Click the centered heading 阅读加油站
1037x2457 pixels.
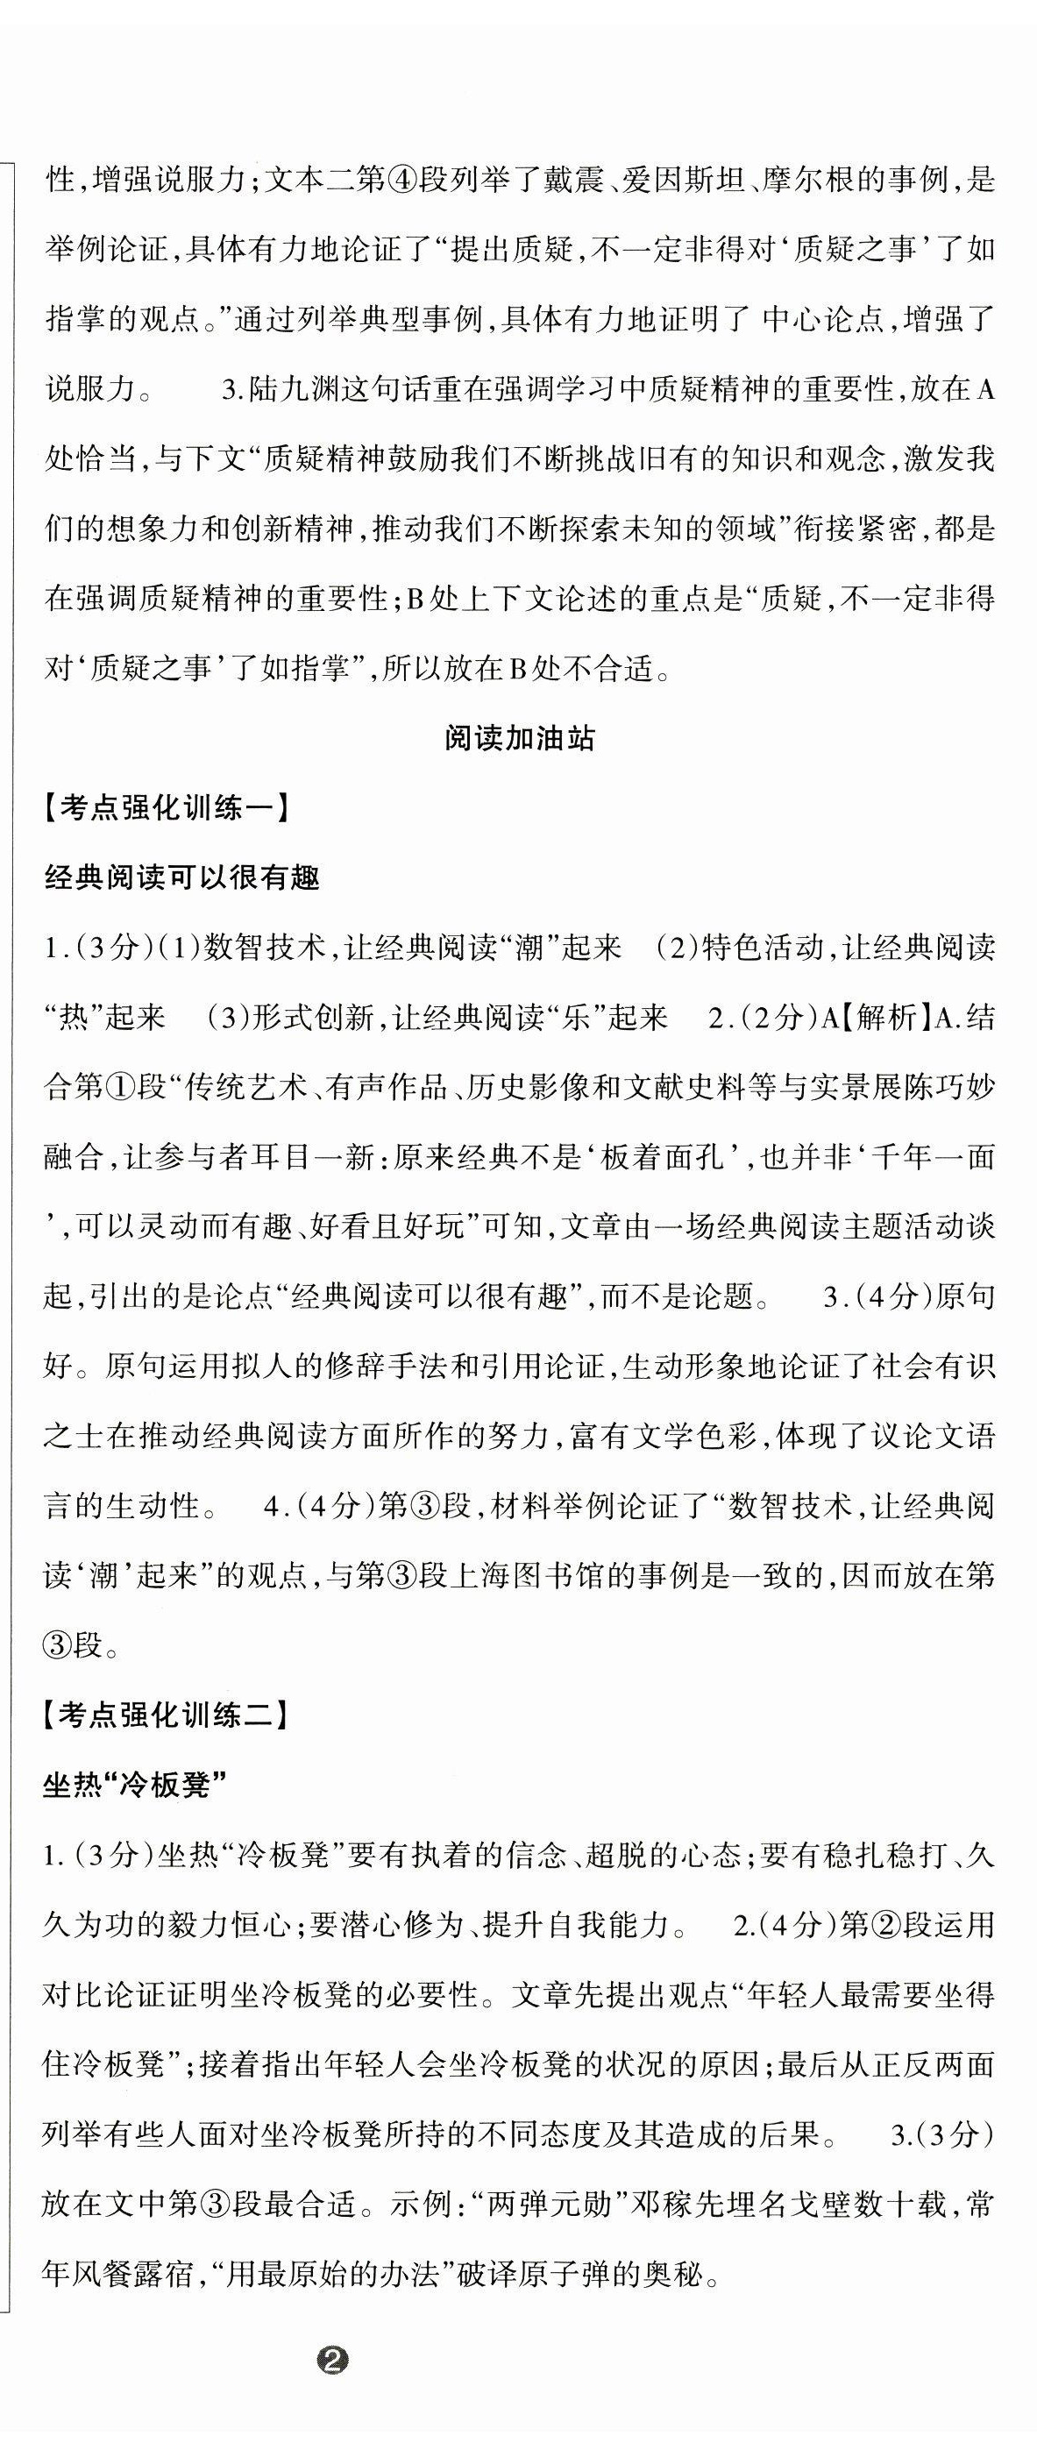click(x=519, y=738)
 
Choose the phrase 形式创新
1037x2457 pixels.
click(x=314, y=1017)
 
